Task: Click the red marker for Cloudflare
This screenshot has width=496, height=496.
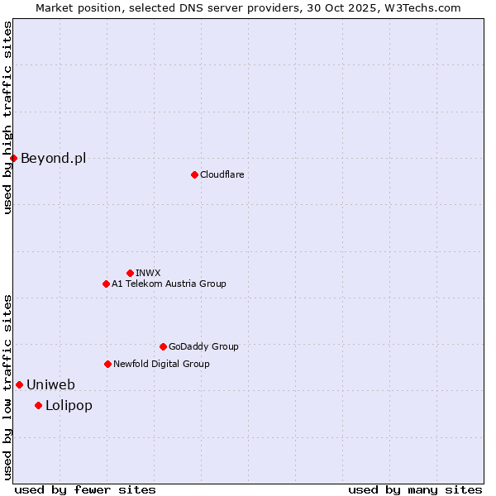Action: coord(194,174)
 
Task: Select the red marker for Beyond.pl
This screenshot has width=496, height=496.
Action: coord(14,158)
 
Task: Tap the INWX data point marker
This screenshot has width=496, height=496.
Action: coord(130,273)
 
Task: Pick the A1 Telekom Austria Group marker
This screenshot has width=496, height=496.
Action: coord(106,284)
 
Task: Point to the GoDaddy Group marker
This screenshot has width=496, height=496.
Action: coord(163,346)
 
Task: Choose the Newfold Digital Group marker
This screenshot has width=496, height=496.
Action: coord(107,364)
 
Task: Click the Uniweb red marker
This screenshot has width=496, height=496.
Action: coord(19,384)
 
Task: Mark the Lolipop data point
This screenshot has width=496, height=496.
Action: coord(38,405)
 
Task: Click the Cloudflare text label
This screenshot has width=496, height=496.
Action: coord(222,174)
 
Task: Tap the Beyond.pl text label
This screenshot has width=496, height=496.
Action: coord(53,158)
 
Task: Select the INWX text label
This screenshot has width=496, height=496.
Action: coord(149,273)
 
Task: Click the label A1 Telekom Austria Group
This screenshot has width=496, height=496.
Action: coord(169,284)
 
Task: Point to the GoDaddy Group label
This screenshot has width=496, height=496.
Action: coord(203,346)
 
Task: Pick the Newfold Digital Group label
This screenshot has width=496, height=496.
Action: coord(161,364)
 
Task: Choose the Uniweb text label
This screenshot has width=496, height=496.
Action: coord(50,384)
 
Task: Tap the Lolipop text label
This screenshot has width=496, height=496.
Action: coord(69,405)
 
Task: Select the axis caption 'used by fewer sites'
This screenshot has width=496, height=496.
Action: coord(85,489)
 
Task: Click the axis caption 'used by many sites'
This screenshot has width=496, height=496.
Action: coord(415,489)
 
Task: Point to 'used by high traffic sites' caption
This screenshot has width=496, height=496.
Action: coord(8,117)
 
